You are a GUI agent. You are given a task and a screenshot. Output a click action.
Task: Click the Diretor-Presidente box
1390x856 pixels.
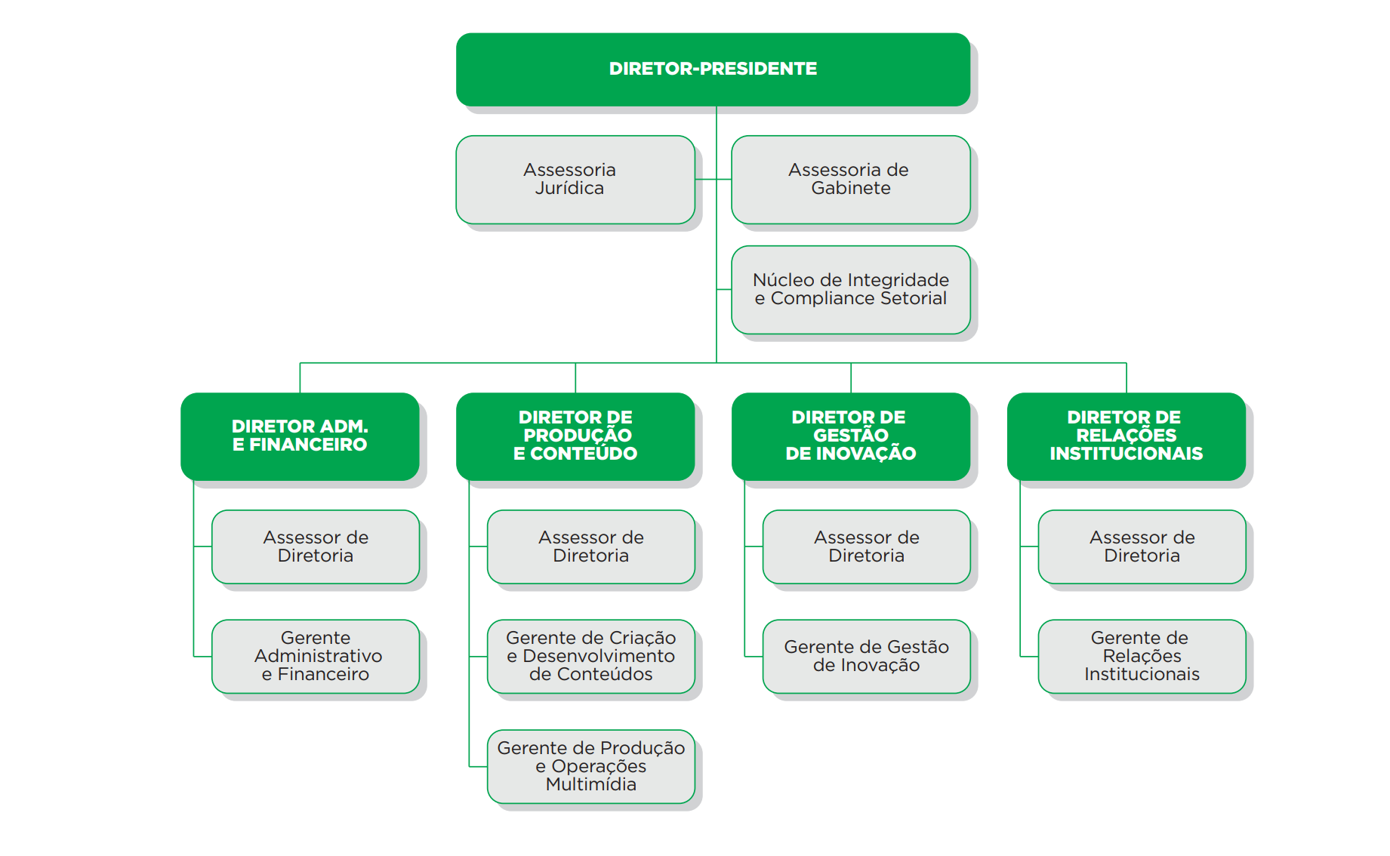713,69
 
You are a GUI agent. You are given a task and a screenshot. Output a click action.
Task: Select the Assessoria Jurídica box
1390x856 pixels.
575,180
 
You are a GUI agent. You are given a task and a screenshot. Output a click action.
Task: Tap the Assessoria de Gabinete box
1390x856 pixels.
850,180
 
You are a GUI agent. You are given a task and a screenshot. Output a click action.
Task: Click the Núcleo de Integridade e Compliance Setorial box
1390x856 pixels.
850,290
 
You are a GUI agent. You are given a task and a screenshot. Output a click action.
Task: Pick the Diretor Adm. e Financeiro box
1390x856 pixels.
300,436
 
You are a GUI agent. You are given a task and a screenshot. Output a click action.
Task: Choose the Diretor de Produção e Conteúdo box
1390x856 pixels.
575,436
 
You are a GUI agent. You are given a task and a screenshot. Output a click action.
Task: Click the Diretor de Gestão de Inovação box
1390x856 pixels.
850,436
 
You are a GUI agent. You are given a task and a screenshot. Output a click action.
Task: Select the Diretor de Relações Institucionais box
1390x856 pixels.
1126,436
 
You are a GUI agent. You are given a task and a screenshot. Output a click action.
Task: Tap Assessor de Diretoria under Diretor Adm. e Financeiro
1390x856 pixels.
316,547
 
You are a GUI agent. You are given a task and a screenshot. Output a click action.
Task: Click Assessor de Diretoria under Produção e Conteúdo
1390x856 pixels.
590,547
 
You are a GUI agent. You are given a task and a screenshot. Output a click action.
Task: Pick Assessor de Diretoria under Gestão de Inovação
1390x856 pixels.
866,547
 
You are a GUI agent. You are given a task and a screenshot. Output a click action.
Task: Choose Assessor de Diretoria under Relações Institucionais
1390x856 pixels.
1142,547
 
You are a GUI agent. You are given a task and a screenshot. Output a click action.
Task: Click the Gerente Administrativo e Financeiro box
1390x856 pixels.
316,656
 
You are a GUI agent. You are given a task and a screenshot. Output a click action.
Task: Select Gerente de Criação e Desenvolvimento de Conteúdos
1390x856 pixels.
590,656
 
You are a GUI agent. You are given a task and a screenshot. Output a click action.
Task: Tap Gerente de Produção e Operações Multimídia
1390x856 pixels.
590,766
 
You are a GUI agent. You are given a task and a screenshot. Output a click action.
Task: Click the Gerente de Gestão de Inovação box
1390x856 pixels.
866,656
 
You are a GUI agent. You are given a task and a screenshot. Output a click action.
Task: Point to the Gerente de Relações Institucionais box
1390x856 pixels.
1142,656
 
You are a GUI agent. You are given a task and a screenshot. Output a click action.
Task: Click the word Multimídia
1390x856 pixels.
590,784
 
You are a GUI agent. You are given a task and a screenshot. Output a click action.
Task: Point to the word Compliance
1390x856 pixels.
823,299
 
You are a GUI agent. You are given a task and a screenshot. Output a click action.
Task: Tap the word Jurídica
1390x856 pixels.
569,189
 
